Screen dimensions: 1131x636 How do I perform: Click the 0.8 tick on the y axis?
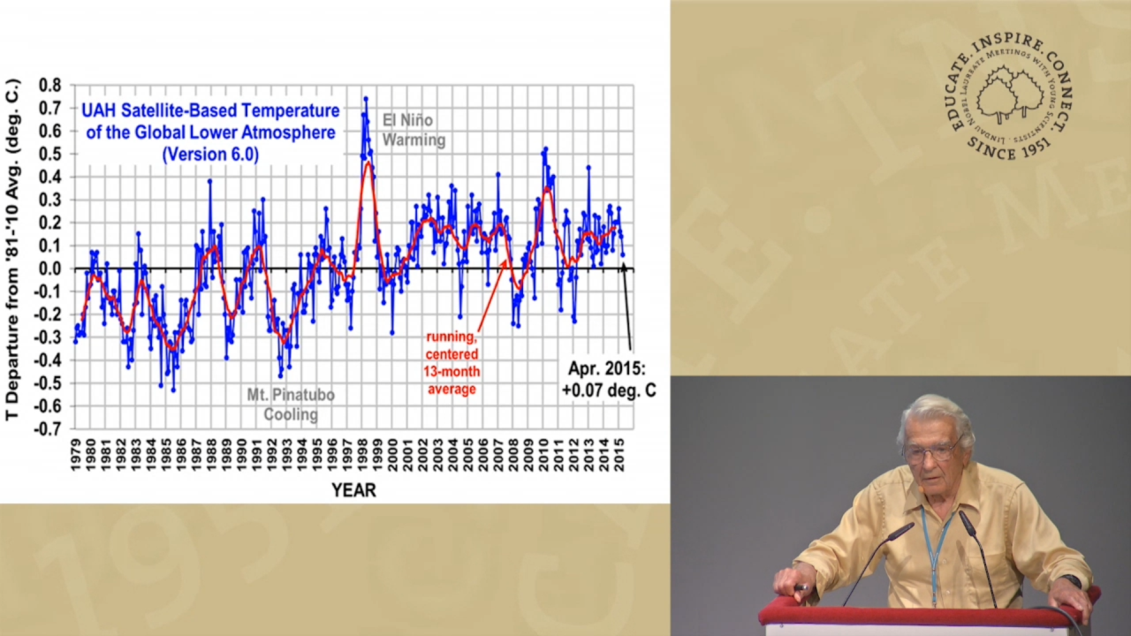coord(49,86)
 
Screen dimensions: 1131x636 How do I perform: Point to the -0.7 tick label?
coord(47,429)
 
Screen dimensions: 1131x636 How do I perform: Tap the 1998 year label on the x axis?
coord(362,455)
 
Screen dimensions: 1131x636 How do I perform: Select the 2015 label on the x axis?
coord(619,455)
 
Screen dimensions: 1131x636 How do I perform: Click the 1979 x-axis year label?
coord(75,455)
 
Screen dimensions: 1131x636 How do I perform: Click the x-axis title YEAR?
coord(353,490)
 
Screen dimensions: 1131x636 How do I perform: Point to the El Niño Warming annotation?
coord(414,130)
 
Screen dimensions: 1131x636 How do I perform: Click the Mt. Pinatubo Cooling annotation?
coord(291,405)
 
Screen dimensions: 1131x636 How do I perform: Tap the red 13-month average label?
coord(452,363)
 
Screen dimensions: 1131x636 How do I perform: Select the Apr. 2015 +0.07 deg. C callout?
coord(609,380)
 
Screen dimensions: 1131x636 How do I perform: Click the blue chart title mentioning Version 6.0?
coord(210,132)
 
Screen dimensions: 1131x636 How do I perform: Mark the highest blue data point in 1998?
coord(366,99)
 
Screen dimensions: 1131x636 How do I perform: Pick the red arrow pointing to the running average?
coord(490,296)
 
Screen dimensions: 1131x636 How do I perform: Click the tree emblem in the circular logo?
coord(1010,95)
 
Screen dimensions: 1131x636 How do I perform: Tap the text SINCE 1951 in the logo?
coord(1009,148)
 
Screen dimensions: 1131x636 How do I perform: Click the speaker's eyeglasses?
coord(931,450)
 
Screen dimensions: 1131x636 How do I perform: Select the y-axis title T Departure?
coord(12,250)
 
